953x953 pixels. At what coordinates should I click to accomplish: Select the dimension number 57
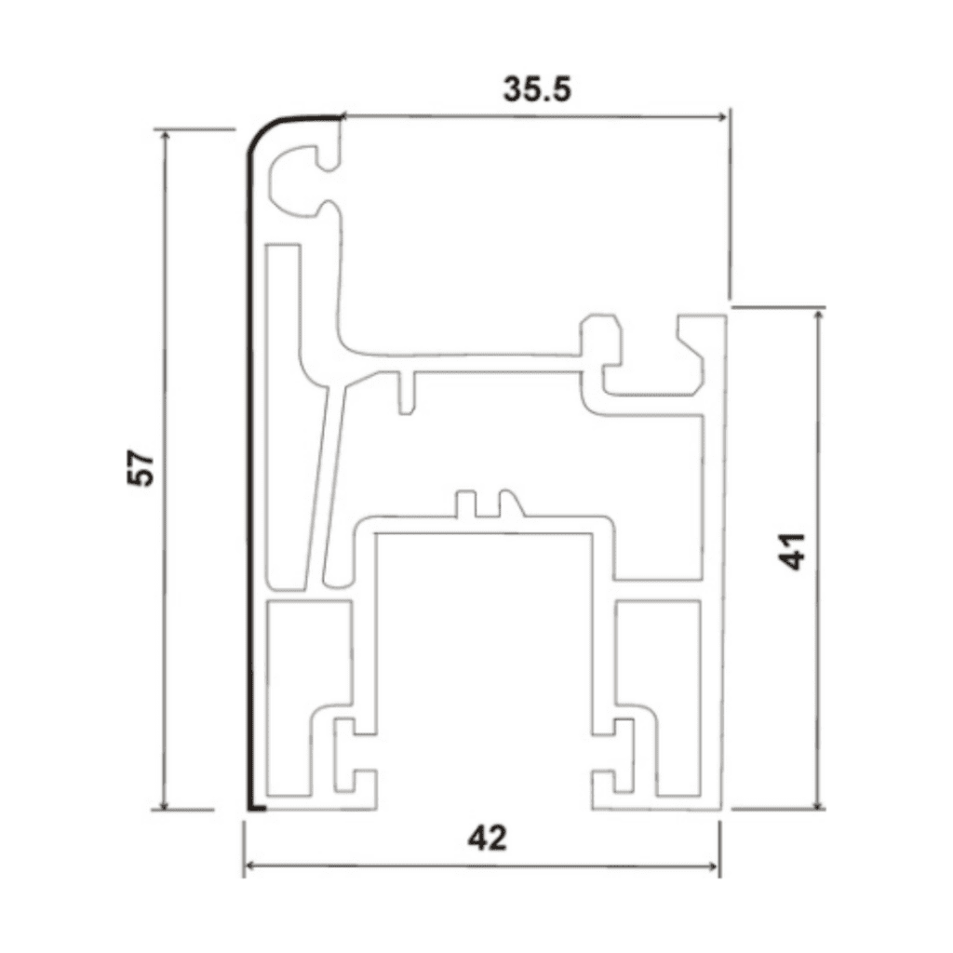[x=141, y=468]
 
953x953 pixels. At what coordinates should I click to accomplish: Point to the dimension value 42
[x=487, y=839]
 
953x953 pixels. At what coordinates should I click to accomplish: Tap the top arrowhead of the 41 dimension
[x=818, y=317]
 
